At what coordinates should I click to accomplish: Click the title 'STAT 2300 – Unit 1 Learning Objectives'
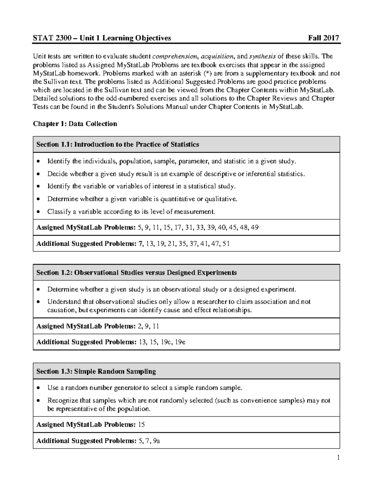tap(102, 38)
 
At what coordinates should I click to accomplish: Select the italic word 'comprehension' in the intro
tap(175, 57)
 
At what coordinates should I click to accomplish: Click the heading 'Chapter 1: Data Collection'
tap(75, 124)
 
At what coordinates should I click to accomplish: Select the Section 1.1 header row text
tap(117, 144)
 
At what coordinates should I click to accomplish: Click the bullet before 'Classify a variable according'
tap(38, 212)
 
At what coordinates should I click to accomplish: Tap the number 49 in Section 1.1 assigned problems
tap(255, 228)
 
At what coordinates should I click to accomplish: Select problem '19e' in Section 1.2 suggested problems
tap(180, 342)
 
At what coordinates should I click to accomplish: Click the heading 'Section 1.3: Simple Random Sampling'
tap(96, 371)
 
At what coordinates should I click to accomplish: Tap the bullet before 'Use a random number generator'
tap(38, 388)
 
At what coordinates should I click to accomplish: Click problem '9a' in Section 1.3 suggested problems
tap(157, 441)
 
